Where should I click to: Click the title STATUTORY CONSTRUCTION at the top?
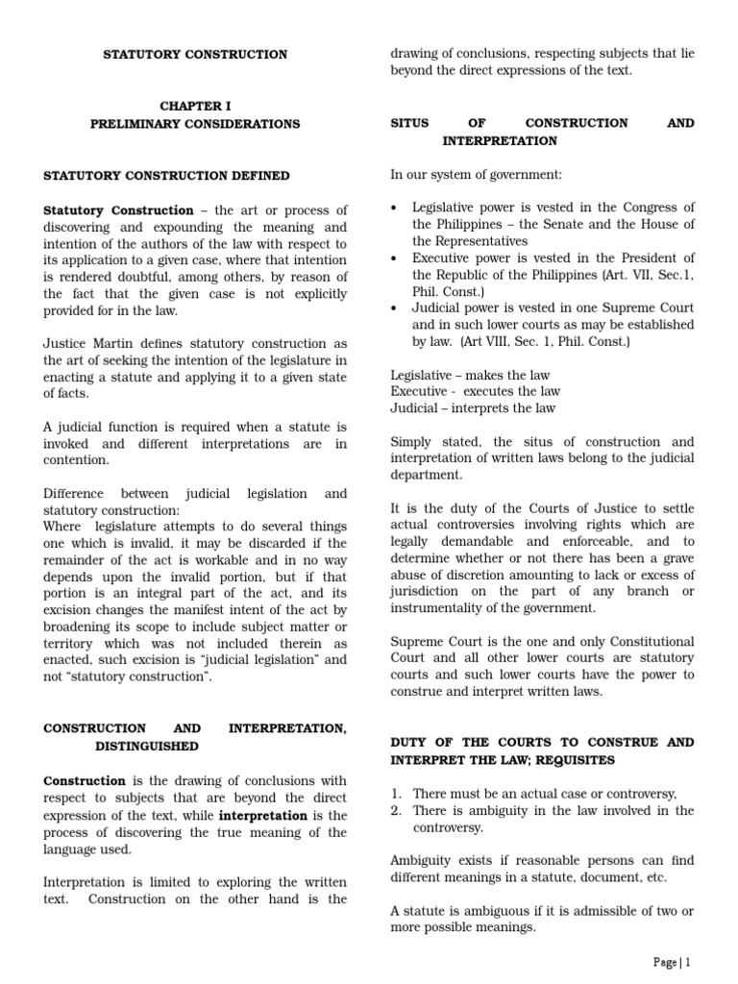(195, 55)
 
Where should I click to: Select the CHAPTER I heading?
(195, 106)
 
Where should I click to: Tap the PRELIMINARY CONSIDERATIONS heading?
(195, 124)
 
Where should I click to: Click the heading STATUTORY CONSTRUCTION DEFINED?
(166, 176)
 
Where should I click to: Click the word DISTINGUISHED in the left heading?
(147, 746)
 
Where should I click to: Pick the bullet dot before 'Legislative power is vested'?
(395, 208)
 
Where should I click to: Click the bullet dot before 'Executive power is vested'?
(395, 258)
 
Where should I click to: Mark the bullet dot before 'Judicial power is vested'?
(395, 307)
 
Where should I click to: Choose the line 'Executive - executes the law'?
(475, 391)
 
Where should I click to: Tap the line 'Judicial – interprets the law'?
(473, 408)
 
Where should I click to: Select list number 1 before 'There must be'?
(396, 794)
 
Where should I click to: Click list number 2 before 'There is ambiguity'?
(396, 811)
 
